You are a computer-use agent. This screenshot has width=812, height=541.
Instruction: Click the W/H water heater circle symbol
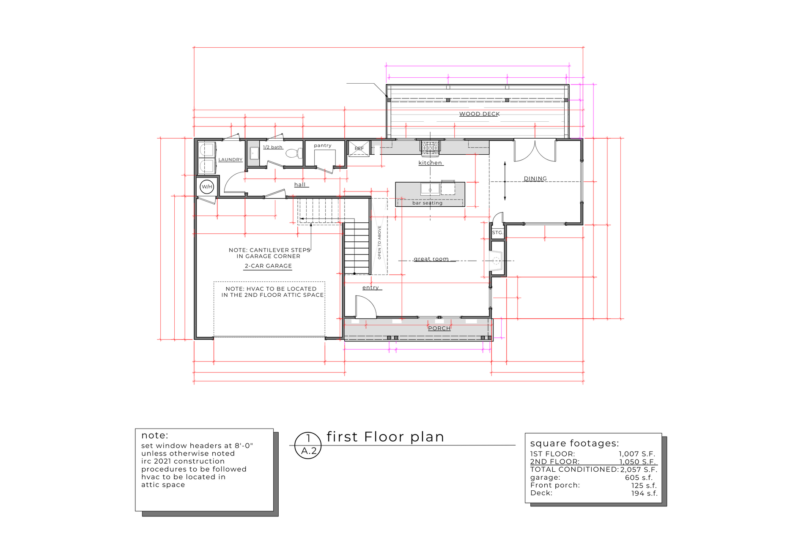pos(207,187)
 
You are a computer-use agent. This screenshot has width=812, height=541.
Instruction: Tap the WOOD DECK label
pos(479,114)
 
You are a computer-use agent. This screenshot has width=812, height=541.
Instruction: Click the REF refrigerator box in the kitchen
pos(359,148)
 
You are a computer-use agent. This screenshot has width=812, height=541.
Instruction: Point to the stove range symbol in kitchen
pos(430,147)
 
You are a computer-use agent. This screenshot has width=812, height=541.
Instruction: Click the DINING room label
pos(535,179)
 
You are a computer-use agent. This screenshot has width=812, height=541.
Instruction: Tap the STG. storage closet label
pos(497,233)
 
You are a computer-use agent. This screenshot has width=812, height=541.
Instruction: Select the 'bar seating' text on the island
pos(427,203)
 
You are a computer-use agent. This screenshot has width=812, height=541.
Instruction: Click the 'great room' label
pos(431,259)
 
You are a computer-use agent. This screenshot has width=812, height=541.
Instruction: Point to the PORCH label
pos(439,328)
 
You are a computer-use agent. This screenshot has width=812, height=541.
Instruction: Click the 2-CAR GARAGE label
pos(268,266)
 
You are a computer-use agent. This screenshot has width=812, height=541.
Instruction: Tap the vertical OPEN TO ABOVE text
pos(379,243)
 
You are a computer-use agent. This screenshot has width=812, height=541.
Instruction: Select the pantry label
pos(323,145)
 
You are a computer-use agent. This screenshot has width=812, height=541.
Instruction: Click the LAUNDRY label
pos(230,160)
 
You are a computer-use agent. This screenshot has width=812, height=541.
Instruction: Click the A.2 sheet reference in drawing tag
pos(308,451)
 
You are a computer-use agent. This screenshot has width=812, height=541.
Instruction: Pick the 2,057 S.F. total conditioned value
pos(639,470)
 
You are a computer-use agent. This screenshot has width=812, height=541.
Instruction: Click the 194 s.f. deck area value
pos(644,493)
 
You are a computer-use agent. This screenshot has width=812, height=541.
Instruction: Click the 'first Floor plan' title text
pos(385,437)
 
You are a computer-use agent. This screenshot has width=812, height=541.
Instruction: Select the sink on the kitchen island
pos(430,189)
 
